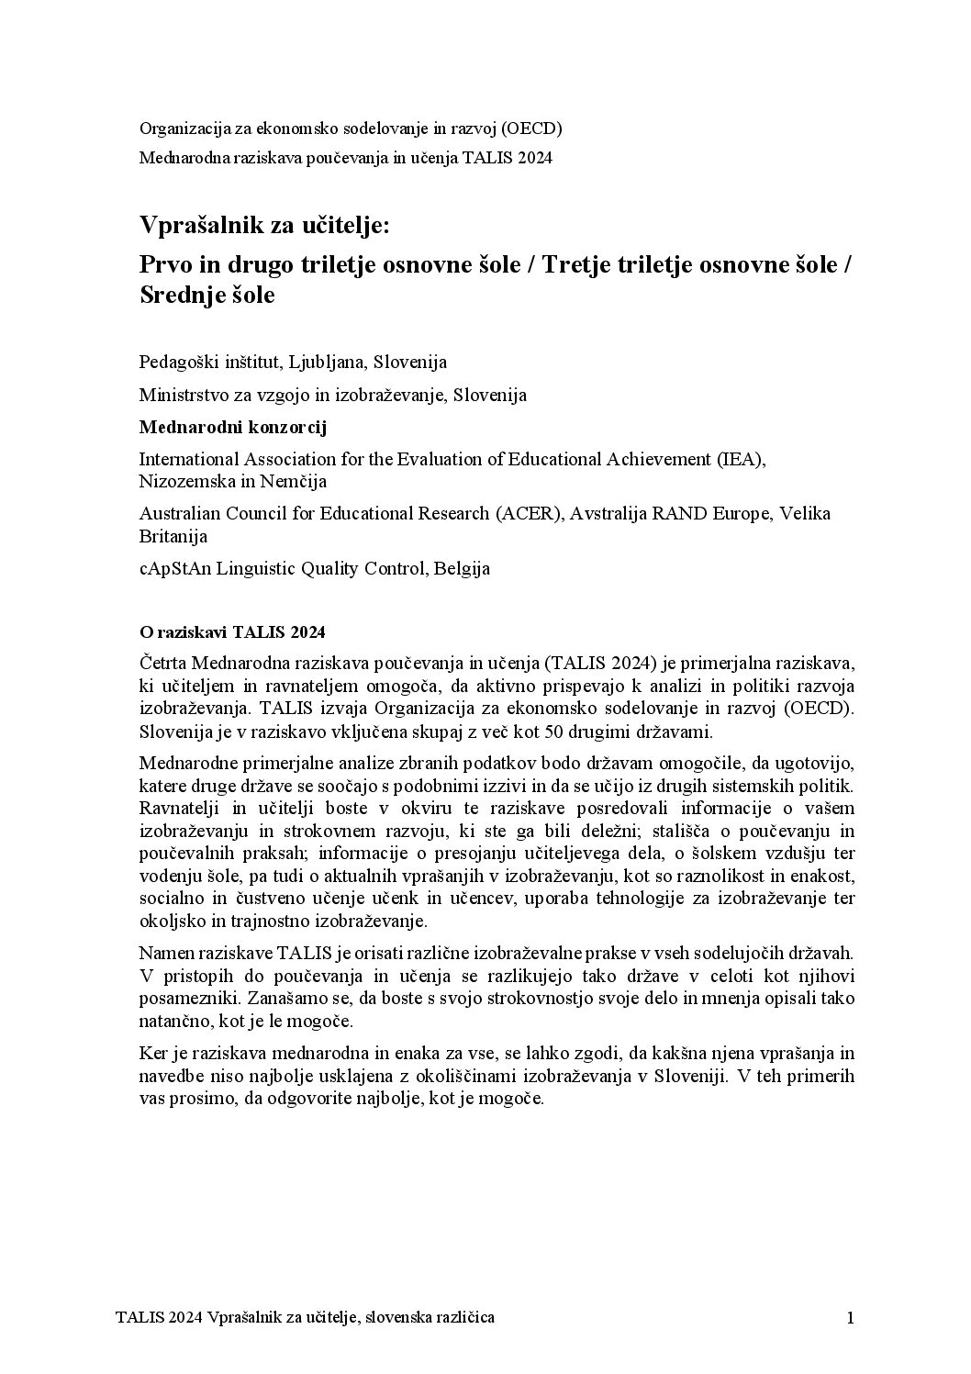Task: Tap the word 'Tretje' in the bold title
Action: coord(580,264)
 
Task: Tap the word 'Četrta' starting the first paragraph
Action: coord(162,663)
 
